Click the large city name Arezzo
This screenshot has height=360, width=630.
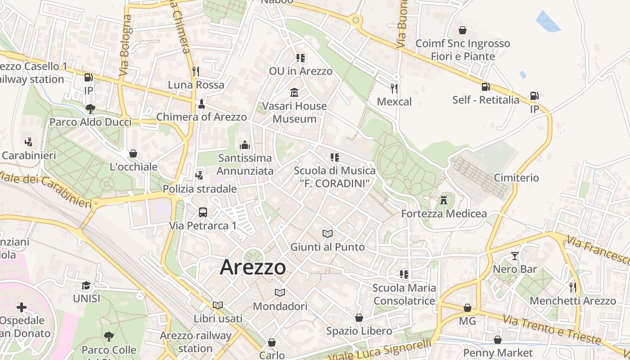coord(252,267)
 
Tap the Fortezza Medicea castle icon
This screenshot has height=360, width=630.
coord(444,200)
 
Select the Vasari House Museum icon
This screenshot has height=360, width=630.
coord(294,93)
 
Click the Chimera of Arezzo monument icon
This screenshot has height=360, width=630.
coord(201,104)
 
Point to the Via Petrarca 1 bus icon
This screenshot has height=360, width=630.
coord(203,212)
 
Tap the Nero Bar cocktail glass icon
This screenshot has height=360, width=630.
coord(515,256)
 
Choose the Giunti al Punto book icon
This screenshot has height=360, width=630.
coord(328,234)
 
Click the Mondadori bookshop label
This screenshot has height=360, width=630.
coord(280,306)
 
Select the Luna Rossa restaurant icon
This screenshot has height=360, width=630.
coord(196,71)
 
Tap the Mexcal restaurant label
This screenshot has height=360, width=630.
coord(394,102)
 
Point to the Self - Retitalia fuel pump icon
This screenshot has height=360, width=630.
coord(486,86)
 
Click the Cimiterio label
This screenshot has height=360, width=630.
coord(516,178)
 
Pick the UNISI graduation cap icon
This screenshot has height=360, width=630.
coord(86,285)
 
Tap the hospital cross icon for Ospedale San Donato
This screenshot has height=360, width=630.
coord(21,307)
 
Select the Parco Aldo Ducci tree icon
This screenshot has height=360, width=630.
coord(90,108)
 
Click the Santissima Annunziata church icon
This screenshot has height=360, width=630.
coord(245,144)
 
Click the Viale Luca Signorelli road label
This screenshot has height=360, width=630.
coord(380,351)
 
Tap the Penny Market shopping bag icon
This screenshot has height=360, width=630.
coord(498,340)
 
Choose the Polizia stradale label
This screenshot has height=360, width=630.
coord(200,189)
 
